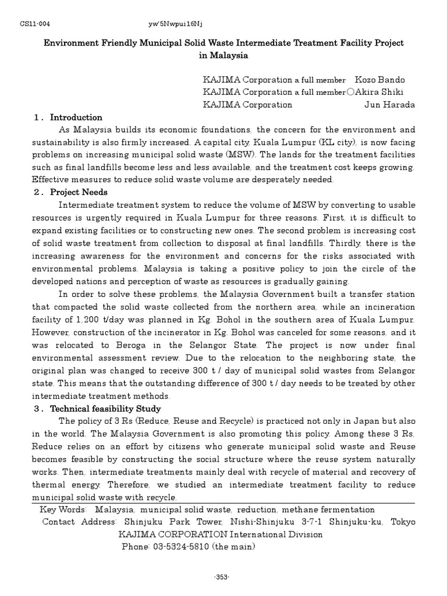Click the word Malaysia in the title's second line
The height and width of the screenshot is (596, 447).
223,56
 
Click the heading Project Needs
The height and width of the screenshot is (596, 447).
79,192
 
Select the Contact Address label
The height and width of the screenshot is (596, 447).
80,522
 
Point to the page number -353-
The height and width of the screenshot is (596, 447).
222,577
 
